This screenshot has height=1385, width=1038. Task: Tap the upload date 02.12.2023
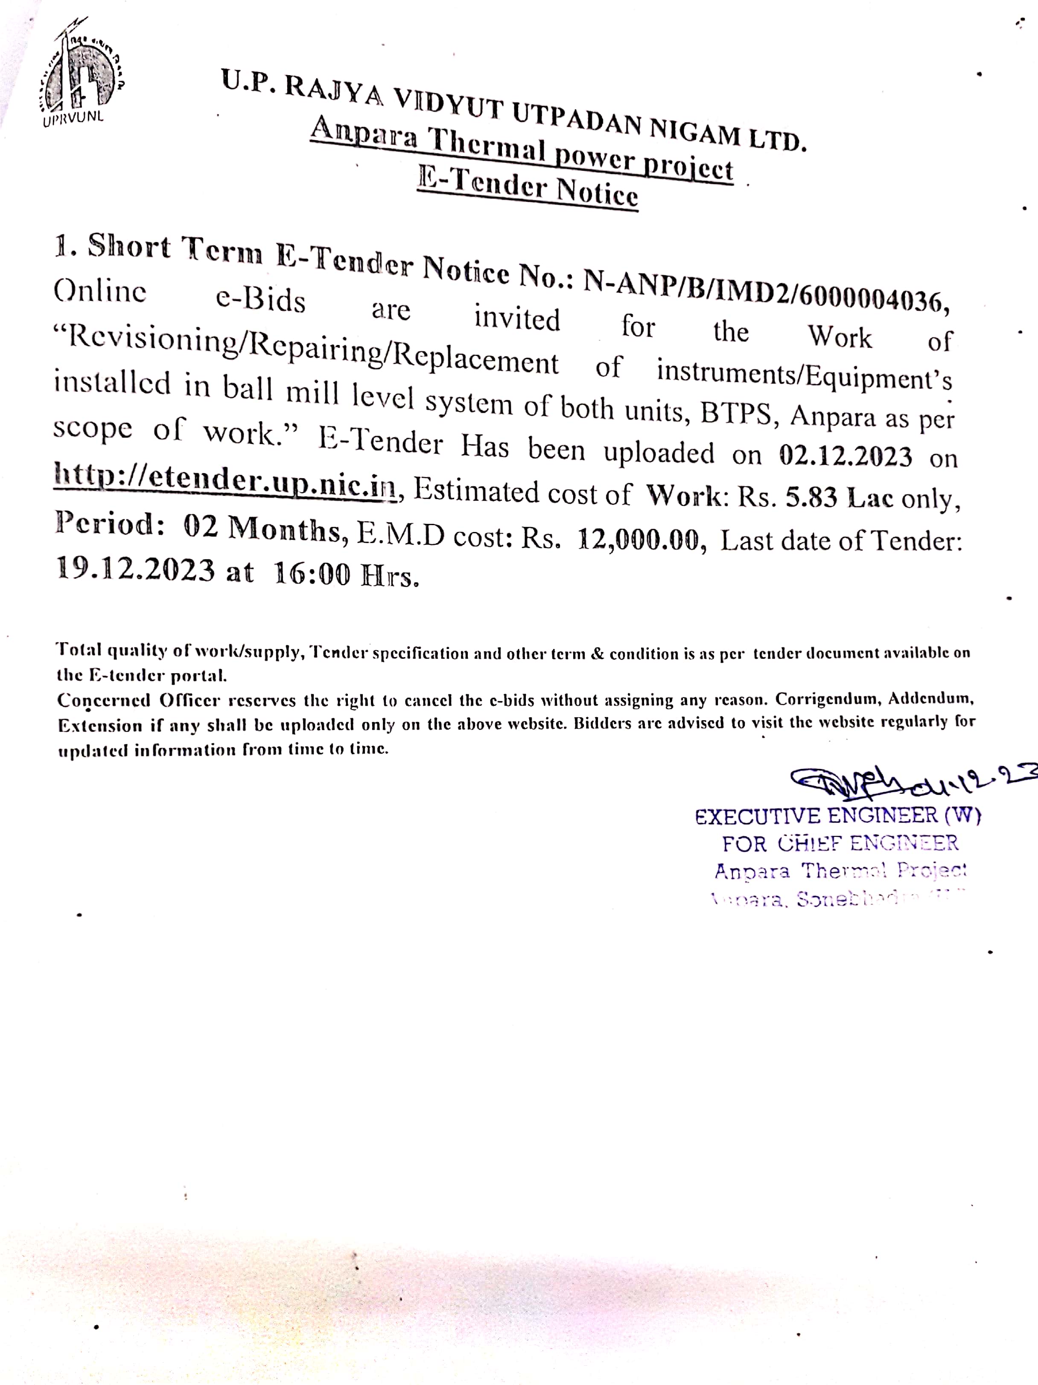pos(845,456)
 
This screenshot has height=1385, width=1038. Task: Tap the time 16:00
pos(312,574)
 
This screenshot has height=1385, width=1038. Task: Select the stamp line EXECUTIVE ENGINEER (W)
pos(838,816)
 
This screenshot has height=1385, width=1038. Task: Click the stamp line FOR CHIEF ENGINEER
pos(840,843)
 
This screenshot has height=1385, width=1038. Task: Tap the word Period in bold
pos(103,523)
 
